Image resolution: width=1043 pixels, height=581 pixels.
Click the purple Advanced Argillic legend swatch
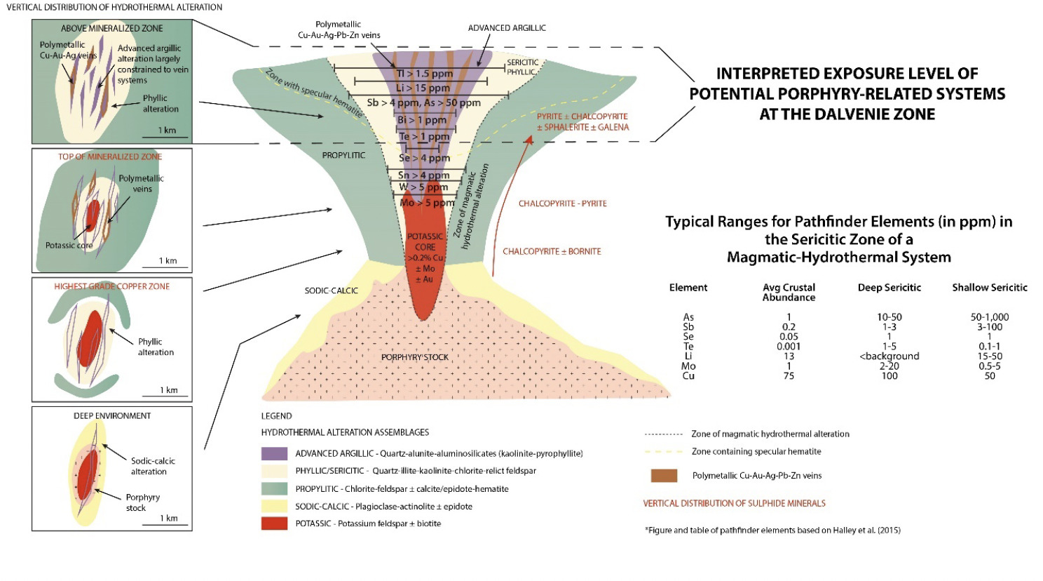[274, 453]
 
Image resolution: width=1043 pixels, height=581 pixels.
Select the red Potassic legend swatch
[274, 523]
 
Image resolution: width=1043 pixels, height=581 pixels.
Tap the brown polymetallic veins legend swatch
[664, 476]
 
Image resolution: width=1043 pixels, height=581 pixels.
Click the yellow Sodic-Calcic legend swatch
[274, 506]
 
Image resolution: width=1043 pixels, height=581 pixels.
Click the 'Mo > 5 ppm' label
[427, 203]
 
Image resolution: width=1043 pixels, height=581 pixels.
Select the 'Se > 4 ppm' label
[424, 158]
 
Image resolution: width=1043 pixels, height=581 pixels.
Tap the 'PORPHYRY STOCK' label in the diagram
[415, 357]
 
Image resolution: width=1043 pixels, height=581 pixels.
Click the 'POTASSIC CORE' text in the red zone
[425, 241]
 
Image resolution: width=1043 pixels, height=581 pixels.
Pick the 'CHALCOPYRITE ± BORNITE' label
[552, 251]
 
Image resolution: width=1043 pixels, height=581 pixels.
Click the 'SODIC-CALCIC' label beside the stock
[331, 290]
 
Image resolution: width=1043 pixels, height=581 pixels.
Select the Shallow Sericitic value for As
[989, 317]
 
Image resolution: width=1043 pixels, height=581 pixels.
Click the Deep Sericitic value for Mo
[889, 366]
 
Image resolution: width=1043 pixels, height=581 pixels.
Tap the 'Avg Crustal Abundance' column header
[789, 293]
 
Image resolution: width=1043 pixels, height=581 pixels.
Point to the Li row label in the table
[688, 356]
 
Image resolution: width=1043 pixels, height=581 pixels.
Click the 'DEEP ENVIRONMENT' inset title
[112, 416]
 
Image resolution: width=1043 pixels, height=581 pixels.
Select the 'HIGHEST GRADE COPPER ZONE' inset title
[112, 286]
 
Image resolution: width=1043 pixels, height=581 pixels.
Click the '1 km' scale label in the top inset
[167, 131]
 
